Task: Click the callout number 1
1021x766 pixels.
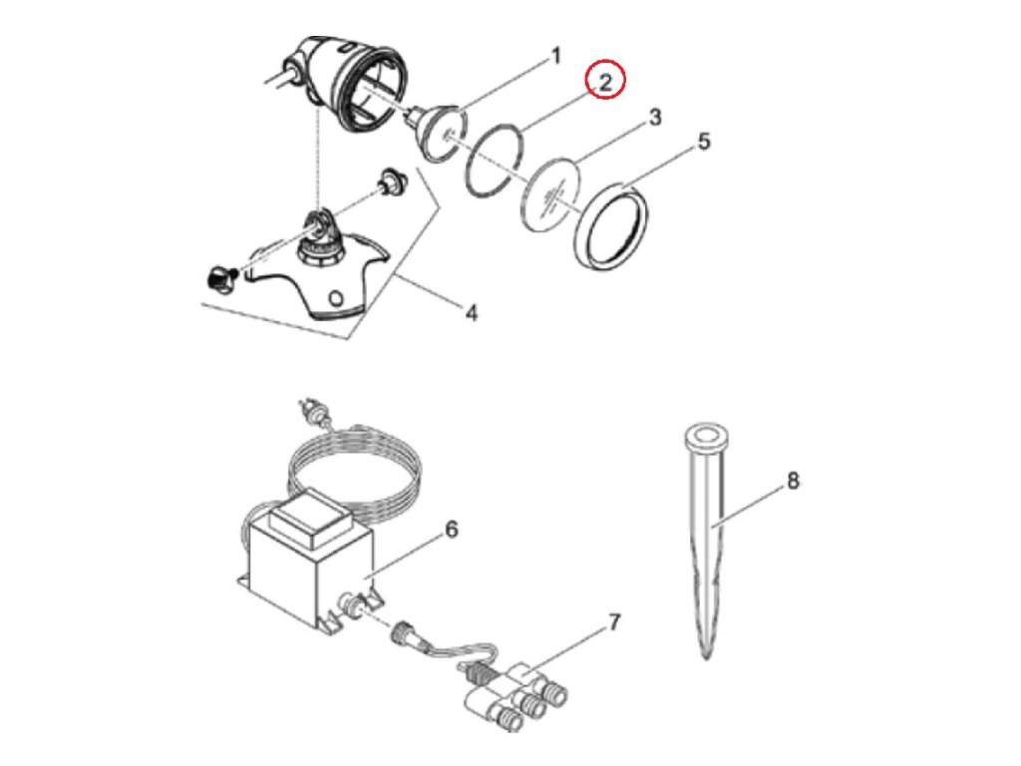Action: pos(556,56)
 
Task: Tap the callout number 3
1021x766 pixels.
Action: pos(655,118)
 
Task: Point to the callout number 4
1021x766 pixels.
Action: pos(472,312)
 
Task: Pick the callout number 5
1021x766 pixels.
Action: pos(704,142)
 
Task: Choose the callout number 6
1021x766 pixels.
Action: pos(451,530)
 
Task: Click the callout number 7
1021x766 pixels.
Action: pos(614,623)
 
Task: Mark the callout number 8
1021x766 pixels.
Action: pos(793,481)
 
